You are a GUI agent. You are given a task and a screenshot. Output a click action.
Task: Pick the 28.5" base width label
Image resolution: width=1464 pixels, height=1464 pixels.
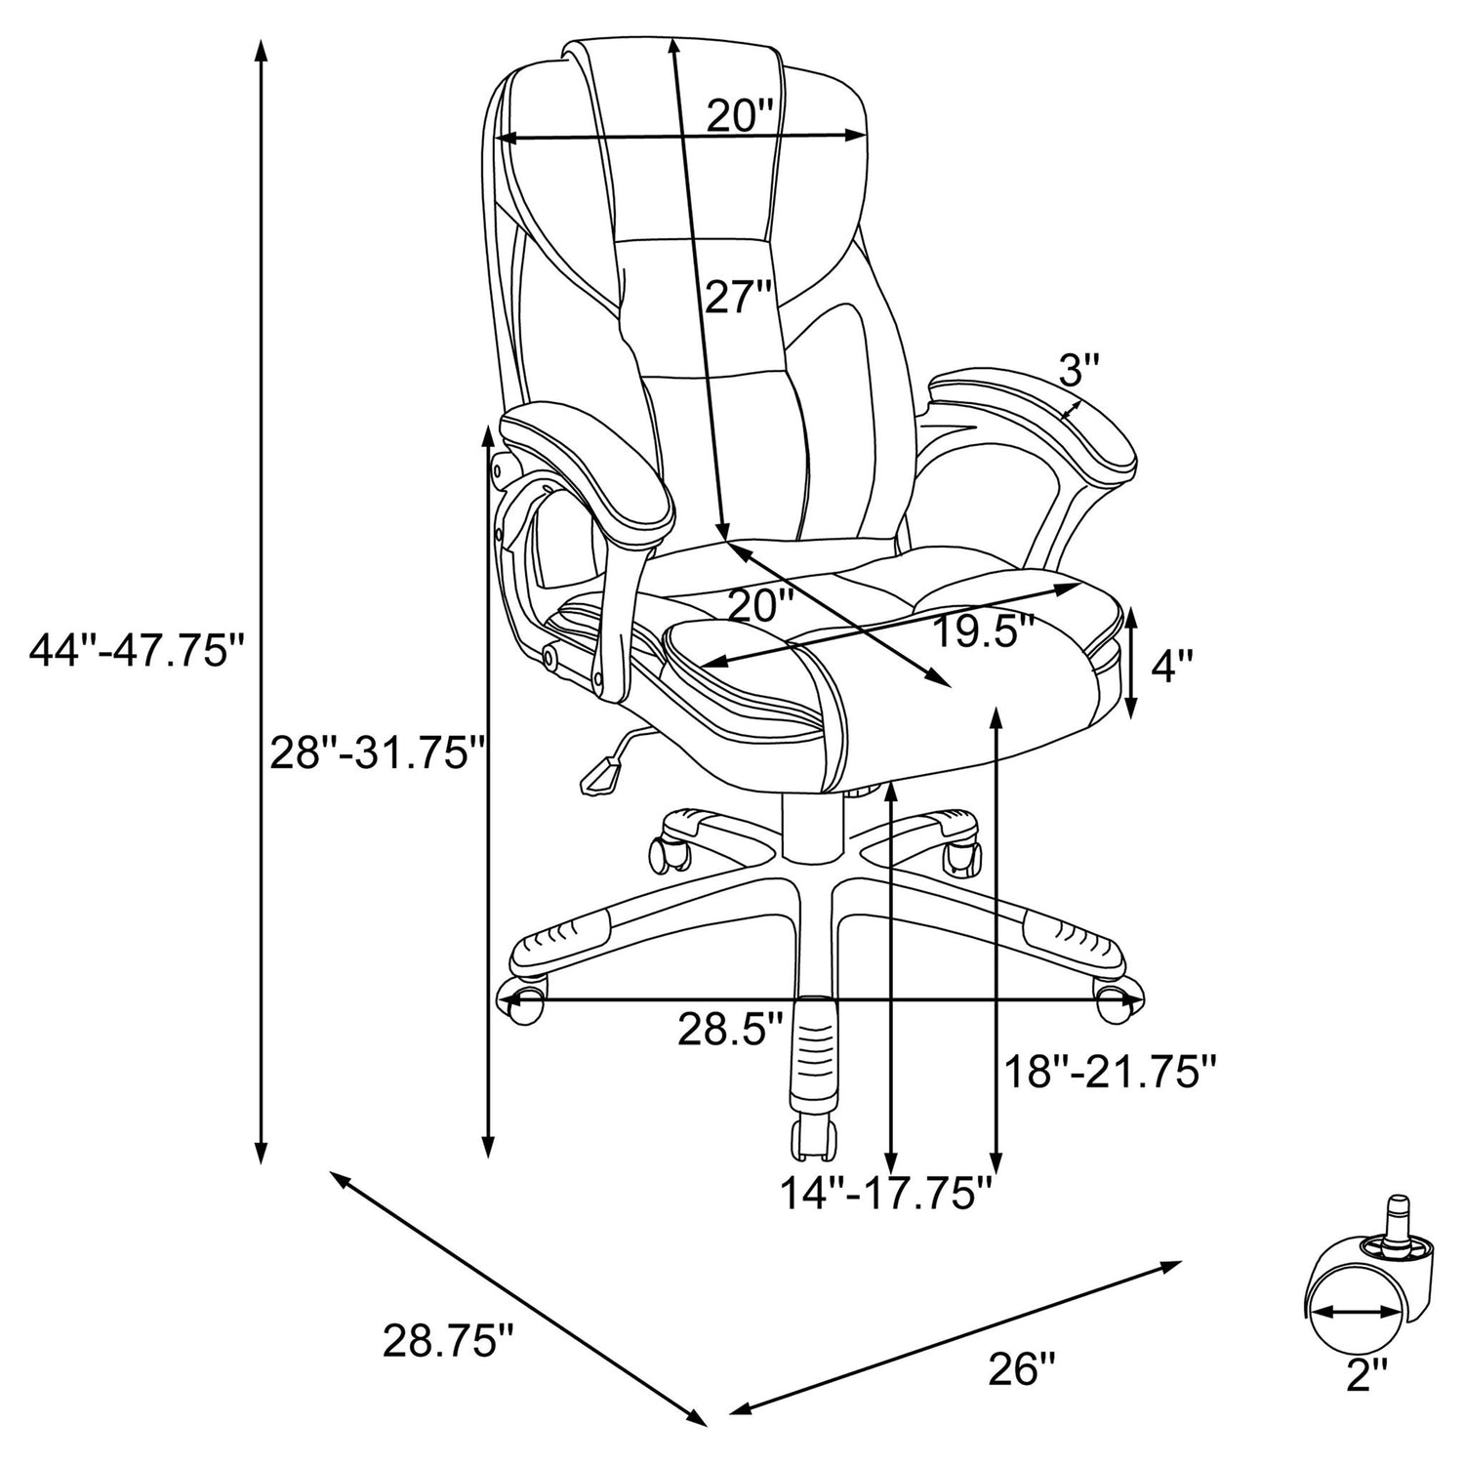point(731,1029)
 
